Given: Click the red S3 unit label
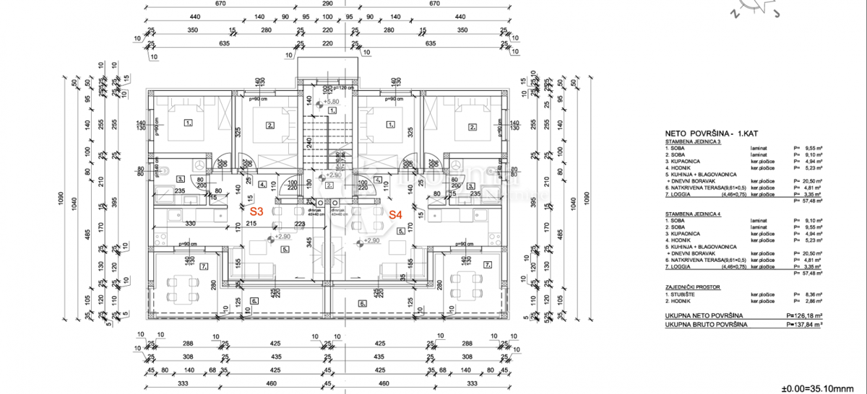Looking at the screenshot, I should coord(256,212).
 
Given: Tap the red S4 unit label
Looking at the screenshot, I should coord(395,214).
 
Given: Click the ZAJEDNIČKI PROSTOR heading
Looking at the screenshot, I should coord(693,287).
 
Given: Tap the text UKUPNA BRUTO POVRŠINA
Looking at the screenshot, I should coord(706,325).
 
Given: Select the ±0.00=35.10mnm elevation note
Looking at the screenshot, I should coord(822,383).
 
